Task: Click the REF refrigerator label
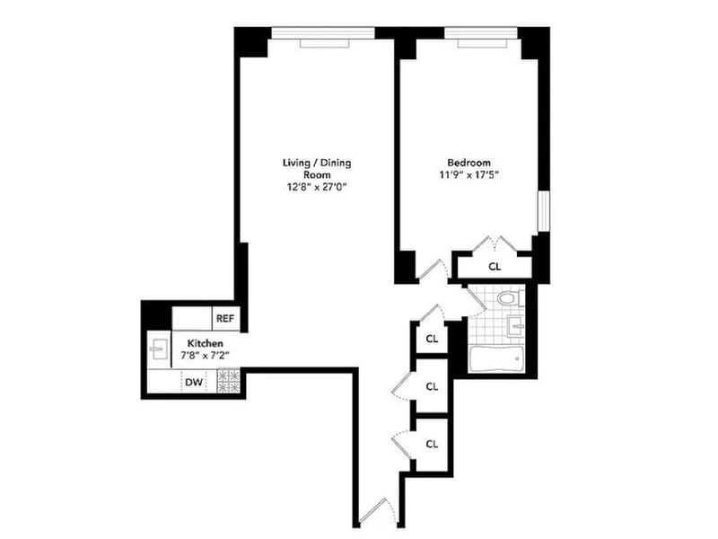[x=225, y=318]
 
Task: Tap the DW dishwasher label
[x=194, y=383]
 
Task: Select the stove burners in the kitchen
[x=229, y=381]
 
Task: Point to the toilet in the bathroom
[x=511, y=298]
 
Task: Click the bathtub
[x=497, y=358]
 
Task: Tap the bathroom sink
[x=516, y=326]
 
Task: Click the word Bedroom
[x=468, y=163]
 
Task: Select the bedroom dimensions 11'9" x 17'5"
[x=468, y=174]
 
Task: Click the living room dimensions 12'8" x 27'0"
[x=317, y=187]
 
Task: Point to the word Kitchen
[x=206, y=343]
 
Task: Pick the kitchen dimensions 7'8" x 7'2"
[x=205, y=355]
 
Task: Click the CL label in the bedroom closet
[x=495, y=266]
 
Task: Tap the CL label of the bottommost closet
[x=432, y=444]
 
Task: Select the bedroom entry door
[x=433, y=269]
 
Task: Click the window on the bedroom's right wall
[x=544, y=211]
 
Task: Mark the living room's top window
[x=323, y=33]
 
